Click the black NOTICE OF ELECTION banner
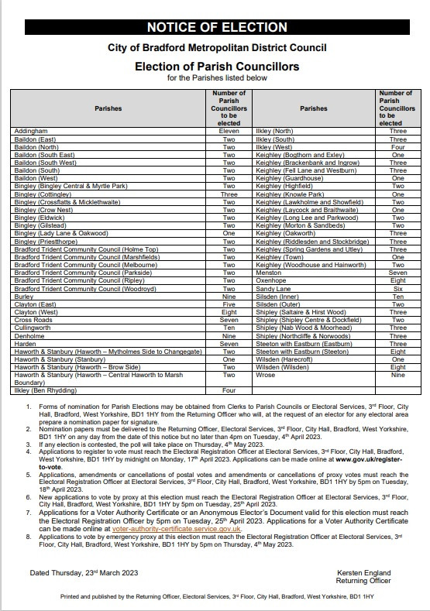pos(216,28)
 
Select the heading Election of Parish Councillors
pos(216,67)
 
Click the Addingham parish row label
pos(31,132)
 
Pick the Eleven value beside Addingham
pos(229,132)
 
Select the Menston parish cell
pos(269,273)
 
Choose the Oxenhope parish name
pos(271,280)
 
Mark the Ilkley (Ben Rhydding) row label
pos(46,390)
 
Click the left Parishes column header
pos(108,109)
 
